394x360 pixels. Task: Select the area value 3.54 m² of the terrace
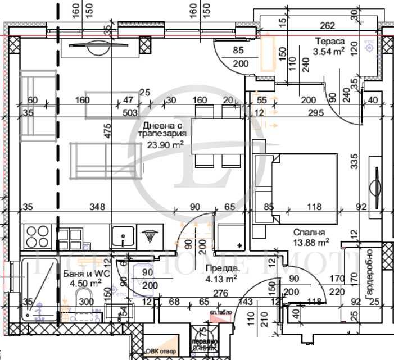329,52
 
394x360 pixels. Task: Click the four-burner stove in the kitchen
37,236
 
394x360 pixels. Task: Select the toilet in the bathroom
84,303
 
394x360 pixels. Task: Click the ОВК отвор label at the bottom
161,352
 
